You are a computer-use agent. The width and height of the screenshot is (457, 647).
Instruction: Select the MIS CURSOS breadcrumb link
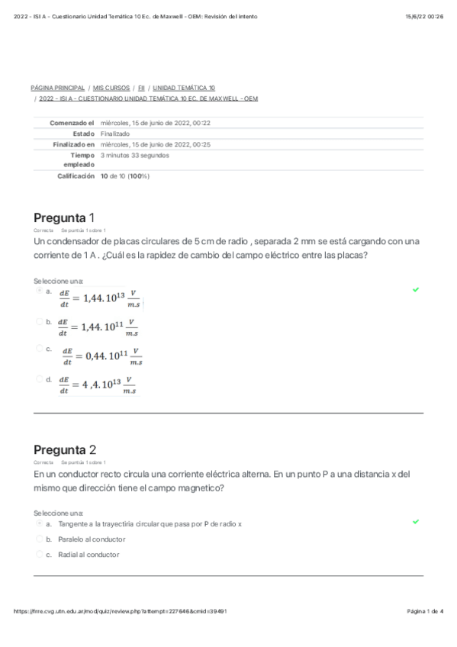(111, 88)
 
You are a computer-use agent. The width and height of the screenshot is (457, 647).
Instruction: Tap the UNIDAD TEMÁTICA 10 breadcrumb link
(184, 88)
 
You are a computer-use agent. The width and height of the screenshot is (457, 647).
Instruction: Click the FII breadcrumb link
(141, 88)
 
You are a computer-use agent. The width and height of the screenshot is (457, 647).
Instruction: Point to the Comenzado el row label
(71, 123)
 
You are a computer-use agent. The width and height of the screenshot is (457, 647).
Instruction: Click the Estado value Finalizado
(115, 134)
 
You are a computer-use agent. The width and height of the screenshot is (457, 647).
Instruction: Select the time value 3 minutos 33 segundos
(134, 155)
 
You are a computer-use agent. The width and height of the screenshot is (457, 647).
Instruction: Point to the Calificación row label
(76, 176)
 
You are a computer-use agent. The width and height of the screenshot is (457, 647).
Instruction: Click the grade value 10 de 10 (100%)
(125, 176)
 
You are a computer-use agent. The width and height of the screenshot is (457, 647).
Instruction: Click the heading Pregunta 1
(64, 217)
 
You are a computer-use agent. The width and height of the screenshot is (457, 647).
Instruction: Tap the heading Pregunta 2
(65, 449)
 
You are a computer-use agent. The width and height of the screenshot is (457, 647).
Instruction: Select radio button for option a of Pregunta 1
(39, 291)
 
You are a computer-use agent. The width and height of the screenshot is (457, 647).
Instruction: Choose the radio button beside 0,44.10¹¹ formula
(39, 349)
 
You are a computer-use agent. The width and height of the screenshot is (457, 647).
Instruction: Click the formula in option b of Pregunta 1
(98, 327)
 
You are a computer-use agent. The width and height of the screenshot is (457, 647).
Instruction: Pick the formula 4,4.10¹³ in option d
(97, 385)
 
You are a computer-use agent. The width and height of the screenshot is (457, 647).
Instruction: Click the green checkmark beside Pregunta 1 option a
(416, 290)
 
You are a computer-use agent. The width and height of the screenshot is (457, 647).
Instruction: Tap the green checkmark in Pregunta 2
(416, 522)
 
